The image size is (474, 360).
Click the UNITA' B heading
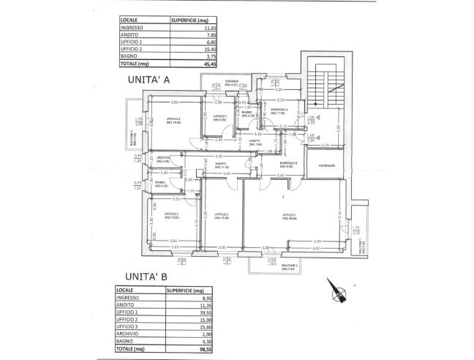point(146,277)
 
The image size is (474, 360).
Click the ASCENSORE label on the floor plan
point(326,166)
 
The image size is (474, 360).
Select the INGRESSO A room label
point(280,110)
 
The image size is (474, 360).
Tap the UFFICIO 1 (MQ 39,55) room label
point(287,214)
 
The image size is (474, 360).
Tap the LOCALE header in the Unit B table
point(126,290)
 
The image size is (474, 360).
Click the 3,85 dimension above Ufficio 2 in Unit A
point(174,102)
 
